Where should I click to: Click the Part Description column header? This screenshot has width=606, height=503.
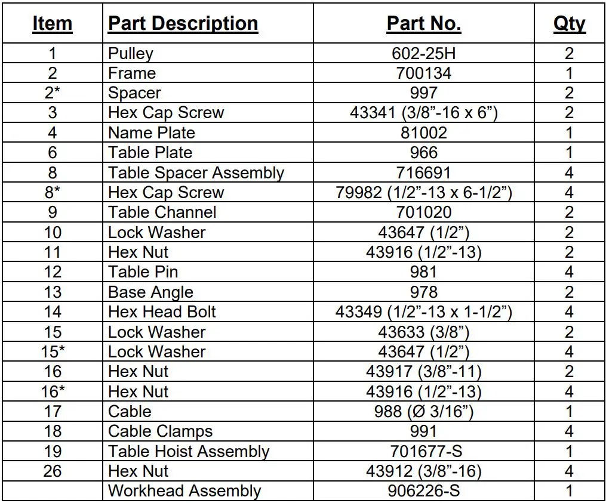(x=183, y=23)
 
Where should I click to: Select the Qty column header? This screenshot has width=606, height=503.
(x=569, y=23)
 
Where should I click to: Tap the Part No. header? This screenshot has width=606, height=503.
(x=423, y=23)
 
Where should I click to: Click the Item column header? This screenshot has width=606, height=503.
(x=52, y=23)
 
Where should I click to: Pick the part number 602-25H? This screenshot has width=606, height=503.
(x=423, y=53)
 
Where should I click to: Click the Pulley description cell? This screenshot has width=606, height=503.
(x=131, y=53)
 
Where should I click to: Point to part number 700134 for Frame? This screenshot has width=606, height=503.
(x=423, y=73)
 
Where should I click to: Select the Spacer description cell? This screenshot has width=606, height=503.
(x=134, y=93)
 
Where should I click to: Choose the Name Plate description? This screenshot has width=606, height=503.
(x=152, y=132)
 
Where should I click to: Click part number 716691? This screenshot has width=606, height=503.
(x=423, y=172)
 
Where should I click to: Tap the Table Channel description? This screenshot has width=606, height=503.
(x=162, y=212)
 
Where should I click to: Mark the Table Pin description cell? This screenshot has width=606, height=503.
(x=143, y=272)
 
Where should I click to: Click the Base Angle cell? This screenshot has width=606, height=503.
(x=151, y=292)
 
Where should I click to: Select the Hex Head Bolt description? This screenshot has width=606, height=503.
(x=162, y=312)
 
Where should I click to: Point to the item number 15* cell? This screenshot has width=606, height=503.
(x=53, y=352)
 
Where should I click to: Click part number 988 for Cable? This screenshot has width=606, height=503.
(x=423, y=412)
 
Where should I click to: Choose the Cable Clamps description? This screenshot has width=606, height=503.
(x=161, y=431)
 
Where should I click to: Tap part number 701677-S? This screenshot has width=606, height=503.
(x=423, y=452)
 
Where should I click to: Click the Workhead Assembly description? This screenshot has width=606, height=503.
(x=184, y=491)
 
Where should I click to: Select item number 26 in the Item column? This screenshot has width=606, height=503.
(x=53, y=471)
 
